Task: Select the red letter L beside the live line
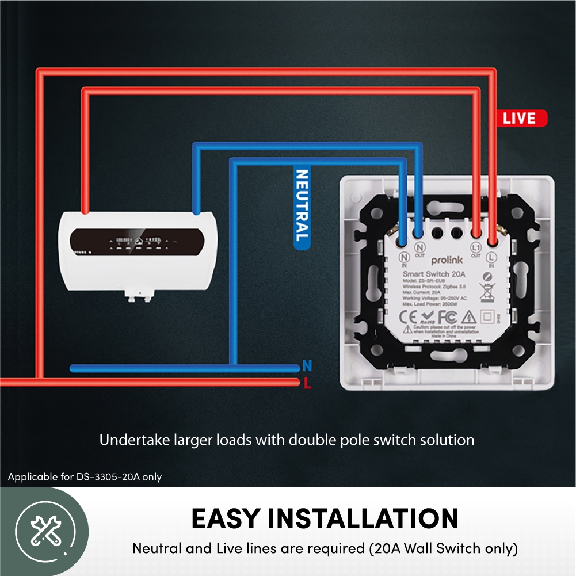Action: (307, 384)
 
